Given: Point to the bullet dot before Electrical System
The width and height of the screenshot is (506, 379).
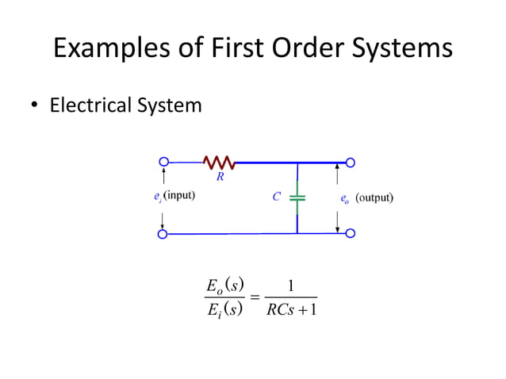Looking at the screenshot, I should coord(35,105).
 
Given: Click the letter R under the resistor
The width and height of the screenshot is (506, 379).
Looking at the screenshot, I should coord(220,177).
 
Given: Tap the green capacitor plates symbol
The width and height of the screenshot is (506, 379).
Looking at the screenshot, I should coord(297,197).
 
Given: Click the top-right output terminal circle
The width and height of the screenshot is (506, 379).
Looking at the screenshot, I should coord(350,163).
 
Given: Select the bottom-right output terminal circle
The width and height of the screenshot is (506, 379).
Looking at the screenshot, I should coord(350,234).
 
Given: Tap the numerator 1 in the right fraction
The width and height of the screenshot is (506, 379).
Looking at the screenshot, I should coord(291,286).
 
